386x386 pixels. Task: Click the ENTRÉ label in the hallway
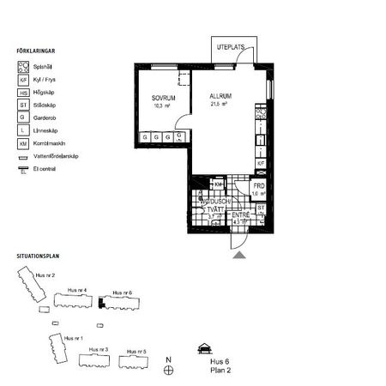point(240,215)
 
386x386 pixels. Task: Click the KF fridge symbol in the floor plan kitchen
point(262,162)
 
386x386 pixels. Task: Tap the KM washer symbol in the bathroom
point(218,184)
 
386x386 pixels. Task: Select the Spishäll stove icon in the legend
point(23,65)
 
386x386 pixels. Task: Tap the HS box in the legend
point(23,92)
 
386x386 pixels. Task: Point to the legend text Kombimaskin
point(51,144)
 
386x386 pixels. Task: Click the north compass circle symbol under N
point(170,370)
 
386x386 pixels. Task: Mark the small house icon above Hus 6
point(203,348)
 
